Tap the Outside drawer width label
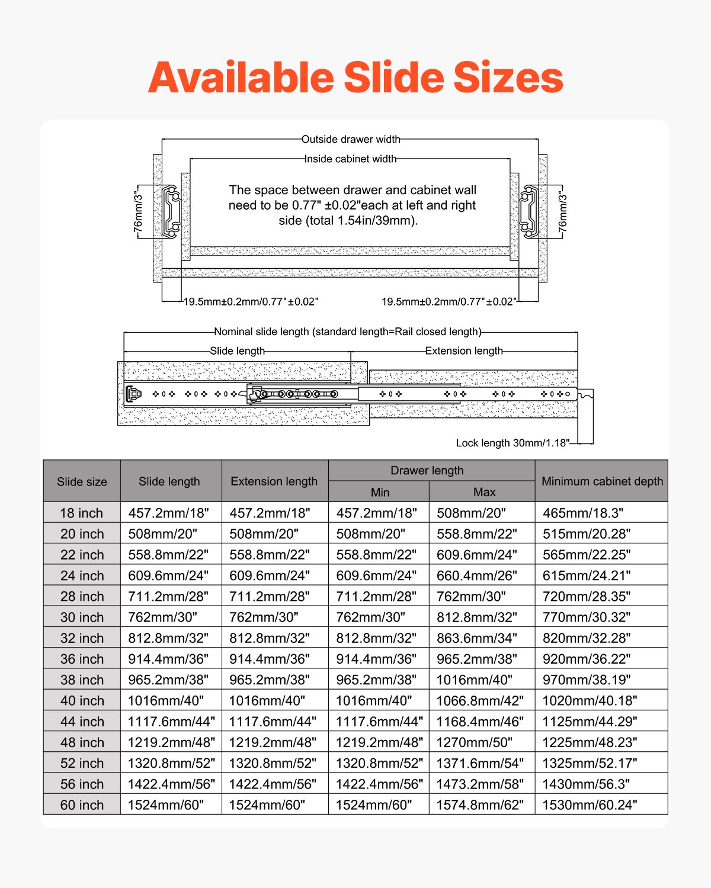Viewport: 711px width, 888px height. pyautogui.click(x=351, y=140)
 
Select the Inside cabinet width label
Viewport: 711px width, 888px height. pyautogui.click(x=350, y=159)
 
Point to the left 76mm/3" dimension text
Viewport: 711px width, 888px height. pyautogui.click(x=138, y=211)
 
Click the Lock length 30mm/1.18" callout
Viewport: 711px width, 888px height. pyautogui.click(x=512, y=443)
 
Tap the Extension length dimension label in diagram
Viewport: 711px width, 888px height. pyautogui.click(x=463, y=350)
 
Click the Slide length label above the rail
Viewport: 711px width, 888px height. pyautogui.click(x=237, y=350)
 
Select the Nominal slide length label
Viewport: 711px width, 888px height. pyautogui.click(x=347, y=332)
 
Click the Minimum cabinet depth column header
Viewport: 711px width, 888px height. pyautogui.click(x=602, y=481)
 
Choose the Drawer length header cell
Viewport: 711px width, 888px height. pyautogui.click(x=427, y=471)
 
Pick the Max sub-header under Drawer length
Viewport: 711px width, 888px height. pyautogui.click(x=484, y=492)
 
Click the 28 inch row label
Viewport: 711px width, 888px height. pyautogui.click(x=82, y=596)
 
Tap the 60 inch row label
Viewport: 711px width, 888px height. pyautogui.click(x=82, y=805)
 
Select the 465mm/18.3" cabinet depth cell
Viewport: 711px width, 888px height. pyautogui.click(x=583, y=513)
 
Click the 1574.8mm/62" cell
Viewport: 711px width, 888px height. pyautogui.click(x=480, y=805)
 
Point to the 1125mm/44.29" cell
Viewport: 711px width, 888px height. pyautogui.click(x=590, y=721)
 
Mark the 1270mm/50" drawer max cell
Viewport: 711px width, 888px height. pyautogui.click(x=474, y=742)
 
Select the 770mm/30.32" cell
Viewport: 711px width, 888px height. pyautogui.click(x=586, y=617)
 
